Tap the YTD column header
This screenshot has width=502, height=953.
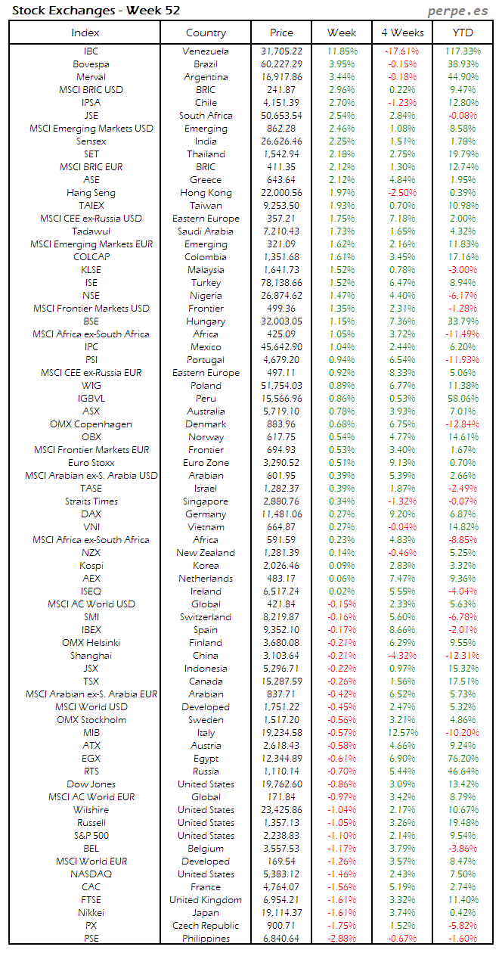pyautogui.click(x=463, y=33)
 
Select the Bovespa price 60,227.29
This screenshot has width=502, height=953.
pyautogui.click(x=281, y=64)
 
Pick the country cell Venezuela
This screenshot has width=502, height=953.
pyautogui.click(x=206, y=51)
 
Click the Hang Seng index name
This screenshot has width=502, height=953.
pyautogui.click(x=91, y=193)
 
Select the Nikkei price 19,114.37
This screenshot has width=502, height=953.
pyautogui.click(x=281, y=913)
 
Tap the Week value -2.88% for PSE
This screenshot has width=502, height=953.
pyautogui.click(x=342, y=939)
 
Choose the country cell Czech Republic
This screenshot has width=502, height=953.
pyautogui.click(x=206, y=926)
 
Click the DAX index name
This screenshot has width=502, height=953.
pyautogui.click(x=91, y=514)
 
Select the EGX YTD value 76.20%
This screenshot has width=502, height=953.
pyautogui.click(x=463, y=759)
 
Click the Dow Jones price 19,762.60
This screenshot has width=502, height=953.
pyautogui.click(x=281, y=784)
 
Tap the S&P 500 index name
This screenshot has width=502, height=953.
pyautogui.click(x=91, y=836)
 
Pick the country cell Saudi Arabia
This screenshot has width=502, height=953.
pyautogui.click(x=206, y=231)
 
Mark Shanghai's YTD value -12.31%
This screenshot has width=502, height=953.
pyautogui.click(x=463, y=656)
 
